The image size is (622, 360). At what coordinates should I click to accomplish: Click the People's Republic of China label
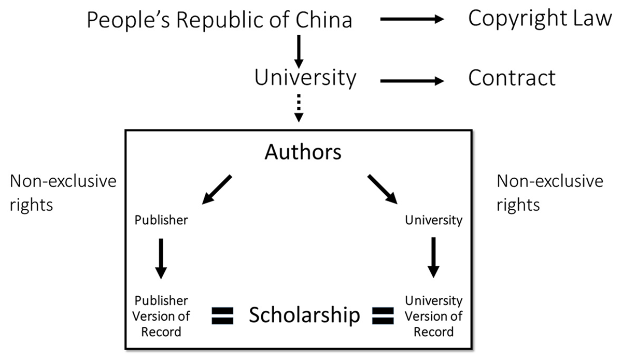[219, 20]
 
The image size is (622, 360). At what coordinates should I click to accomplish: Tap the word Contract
[512, 78]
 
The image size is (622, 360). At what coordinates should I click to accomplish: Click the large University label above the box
[305, 78]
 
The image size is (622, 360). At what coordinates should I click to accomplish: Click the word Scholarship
[304, 315]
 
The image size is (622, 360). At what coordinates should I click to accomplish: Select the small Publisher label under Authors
[161, 220]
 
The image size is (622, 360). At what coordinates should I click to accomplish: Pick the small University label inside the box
[434, 220]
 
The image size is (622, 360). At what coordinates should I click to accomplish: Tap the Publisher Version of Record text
[161, 316]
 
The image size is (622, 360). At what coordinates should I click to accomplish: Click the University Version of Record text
[434, 316]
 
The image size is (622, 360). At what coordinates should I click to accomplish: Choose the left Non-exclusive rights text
[63, 193]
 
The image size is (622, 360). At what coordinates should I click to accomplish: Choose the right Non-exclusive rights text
[550, 193]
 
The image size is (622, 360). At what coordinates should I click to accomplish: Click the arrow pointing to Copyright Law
[413, 20]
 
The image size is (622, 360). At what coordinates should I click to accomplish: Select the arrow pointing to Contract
[413, 81]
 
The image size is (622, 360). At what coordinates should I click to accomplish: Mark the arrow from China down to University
[299, 51]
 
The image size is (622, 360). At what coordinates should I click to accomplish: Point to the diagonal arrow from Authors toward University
[383, 190]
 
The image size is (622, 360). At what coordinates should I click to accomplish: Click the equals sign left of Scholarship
[223, 315]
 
